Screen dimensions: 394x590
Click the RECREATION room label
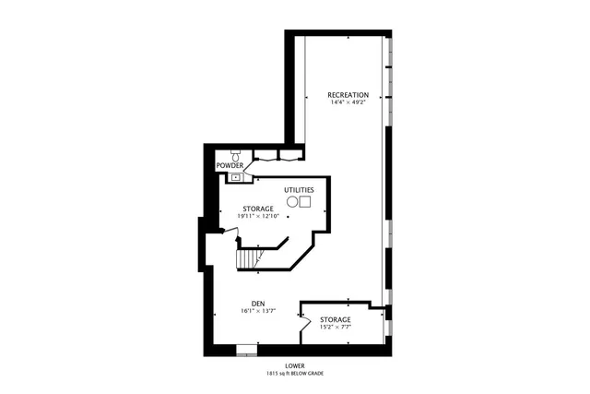pos(348,94)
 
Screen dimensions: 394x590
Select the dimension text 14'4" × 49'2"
pos(348,102)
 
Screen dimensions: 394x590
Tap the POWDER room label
pos(230,165)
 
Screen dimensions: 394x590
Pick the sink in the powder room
pos(235,175)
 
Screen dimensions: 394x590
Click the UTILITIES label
pos(299,189)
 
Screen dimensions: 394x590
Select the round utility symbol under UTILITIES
pos(292,201)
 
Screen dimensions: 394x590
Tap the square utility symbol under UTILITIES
pos(305,201)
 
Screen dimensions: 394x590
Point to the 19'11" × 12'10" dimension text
pos(258,217)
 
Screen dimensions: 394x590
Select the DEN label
pos(258,304)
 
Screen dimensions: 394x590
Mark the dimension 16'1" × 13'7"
pos(258,312)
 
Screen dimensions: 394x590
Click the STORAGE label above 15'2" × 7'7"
pos(335,318)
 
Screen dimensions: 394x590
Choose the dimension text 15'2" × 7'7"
pos(335,327)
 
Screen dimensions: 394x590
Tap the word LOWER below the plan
pos(295,365)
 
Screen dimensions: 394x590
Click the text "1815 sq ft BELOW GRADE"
pos(295,374)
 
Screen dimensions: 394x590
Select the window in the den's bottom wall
pos(246,351)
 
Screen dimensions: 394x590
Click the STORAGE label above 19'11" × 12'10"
pos(258,209)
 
